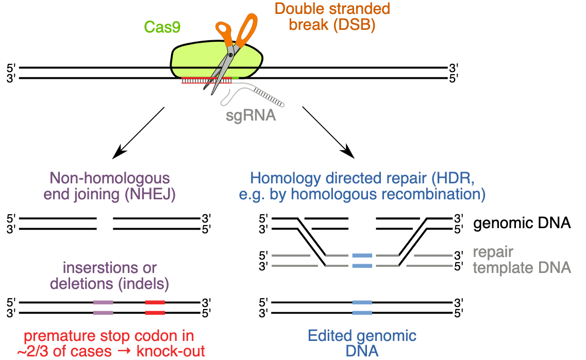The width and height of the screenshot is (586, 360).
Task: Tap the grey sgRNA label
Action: [x=251, y=115]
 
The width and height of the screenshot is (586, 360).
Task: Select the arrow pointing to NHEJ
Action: [x=138, y=132]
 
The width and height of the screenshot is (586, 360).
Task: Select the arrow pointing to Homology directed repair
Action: [x=328, y=132]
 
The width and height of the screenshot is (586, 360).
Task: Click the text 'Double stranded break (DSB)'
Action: [x=331, y=16]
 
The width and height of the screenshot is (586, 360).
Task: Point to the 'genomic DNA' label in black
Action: [x=522, y=224]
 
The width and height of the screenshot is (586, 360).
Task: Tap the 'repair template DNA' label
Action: [x=522, y=260]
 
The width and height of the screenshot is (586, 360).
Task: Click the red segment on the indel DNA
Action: [x=155, y=307]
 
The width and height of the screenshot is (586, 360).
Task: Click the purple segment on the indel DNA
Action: [x=103, y=307]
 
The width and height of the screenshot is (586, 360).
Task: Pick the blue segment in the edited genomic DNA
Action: [x=362, y=307]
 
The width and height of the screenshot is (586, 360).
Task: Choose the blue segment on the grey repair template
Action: [x=362, y=261]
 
